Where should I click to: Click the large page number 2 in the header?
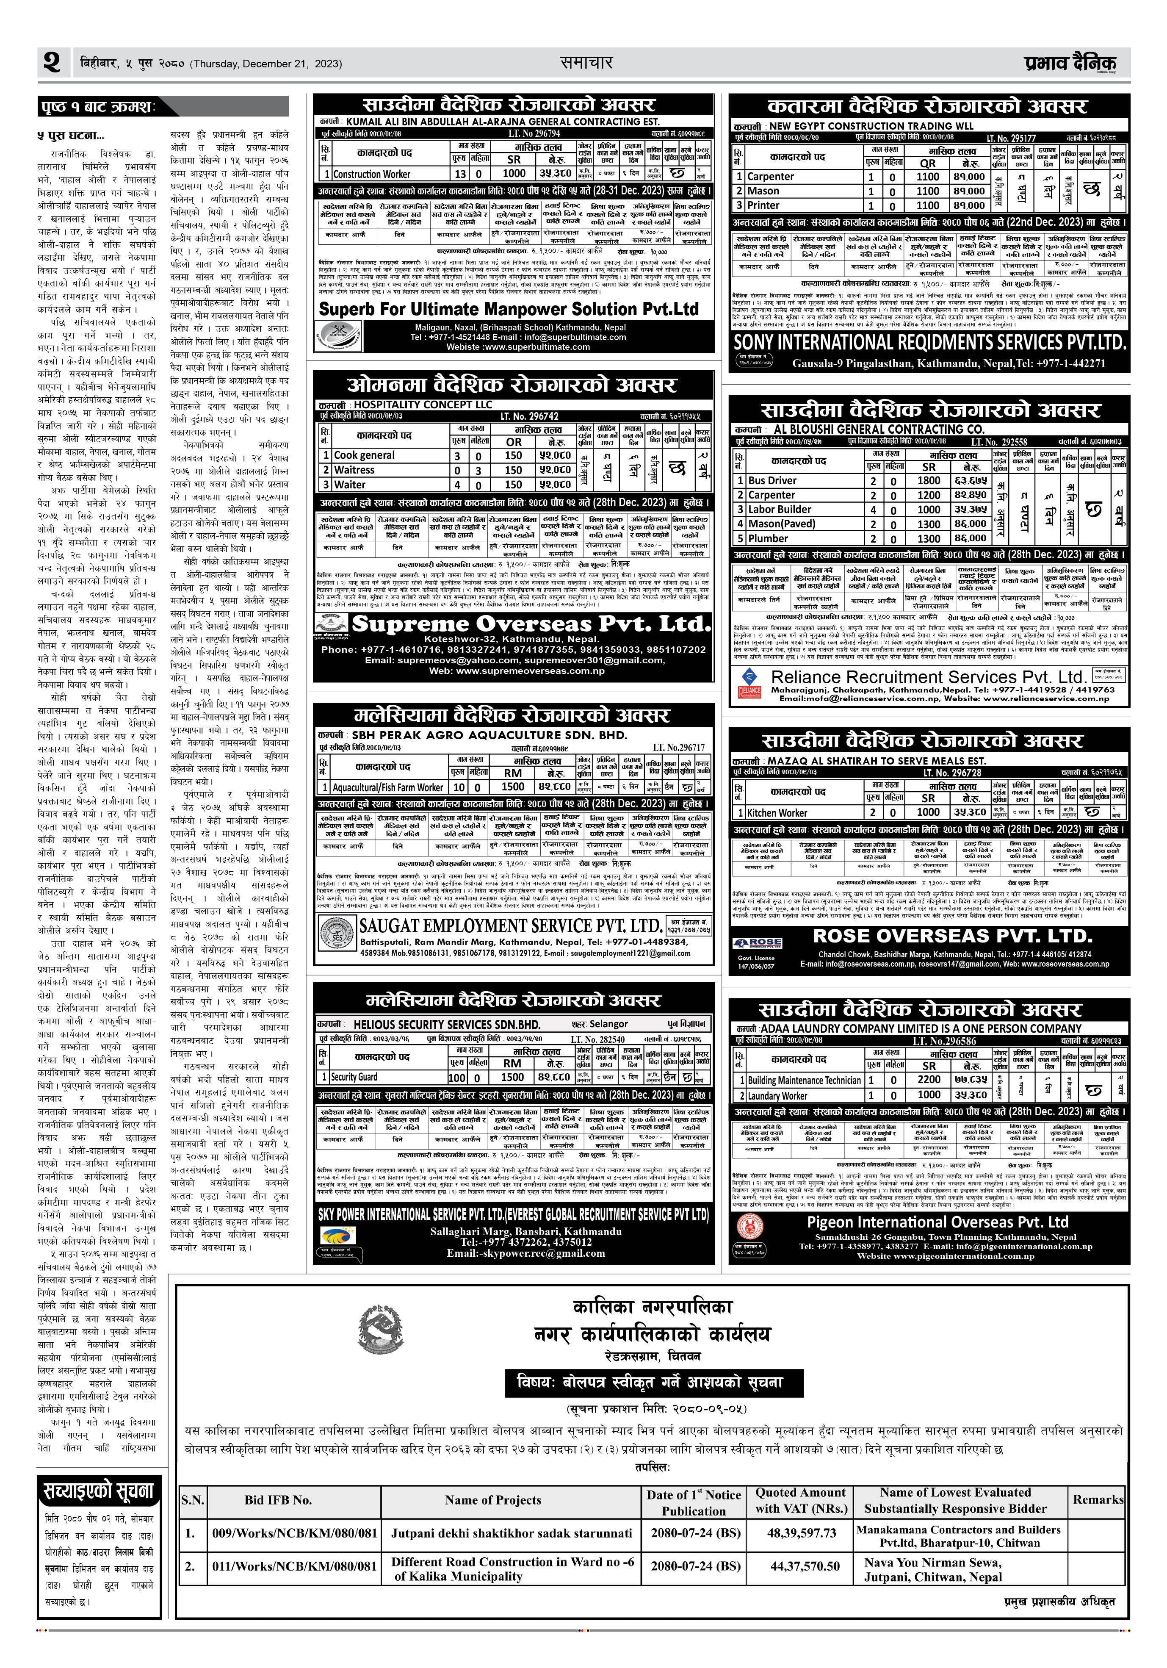tap(52, 63)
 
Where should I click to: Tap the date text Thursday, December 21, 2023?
tap(266, 64)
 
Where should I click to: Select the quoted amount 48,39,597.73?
tap(801, 1534)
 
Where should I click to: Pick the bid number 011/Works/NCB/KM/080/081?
tap(294, 1566)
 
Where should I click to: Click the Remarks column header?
tap(1097, 1499)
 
